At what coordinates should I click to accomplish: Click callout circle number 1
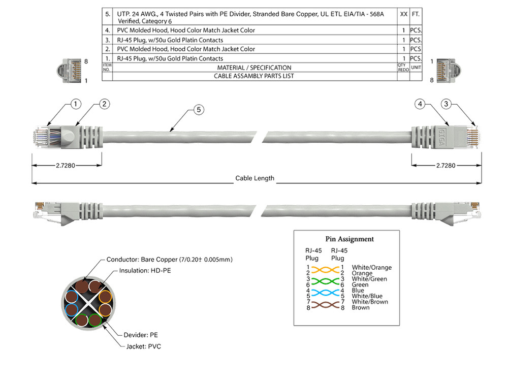76,104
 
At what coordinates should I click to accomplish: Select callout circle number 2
104,104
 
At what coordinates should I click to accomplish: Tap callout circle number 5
199,109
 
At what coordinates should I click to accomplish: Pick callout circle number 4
420,104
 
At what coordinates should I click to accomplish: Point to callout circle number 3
446,104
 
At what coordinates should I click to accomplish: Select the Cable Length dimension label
255,178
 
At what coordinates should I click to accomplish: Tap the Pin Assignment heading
350,239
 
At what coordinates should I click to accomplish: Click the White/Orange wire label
371,267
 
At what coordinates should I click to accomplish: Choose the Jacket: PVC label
144,346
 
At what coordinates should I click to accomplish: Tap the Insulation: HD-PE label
145,271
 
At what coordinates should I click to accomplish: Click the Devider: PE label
141,335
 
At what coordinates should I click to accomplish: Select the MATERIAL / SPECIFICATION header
254,68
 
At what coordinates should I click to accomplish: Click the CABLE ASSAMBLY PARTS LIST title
254,76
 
